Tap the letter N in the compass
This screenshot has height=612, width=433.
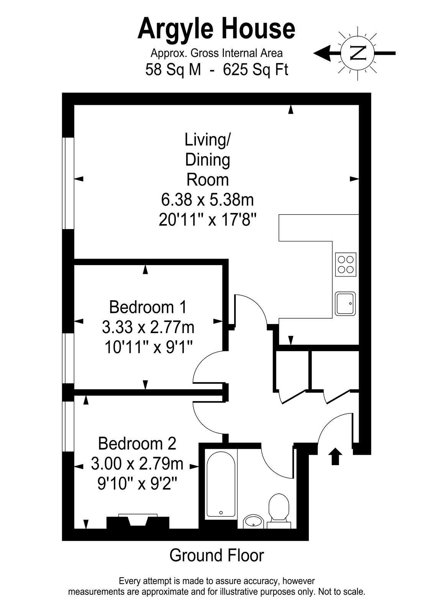pos(358,53)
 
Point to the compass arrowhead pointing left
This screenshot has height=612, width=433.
pos(323,53)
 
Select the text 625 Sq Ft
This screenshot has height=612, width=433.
pos(256,70)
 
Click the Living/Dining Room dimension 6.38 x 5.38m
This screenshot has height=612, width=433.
pos(207,200)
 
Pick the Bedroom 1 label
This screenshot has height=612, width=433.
pos(148,307)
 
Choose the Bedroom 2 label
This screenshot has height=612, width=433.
pos(137,443)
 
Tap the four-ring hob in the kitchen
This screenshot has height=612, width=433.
pos(346,264)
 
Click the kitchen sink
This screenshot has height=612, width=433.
pos(345,304)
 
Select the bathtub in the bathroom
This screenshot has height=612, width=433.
pos(221,485)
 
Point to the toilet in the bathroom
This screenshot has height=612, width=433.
pos(279,512)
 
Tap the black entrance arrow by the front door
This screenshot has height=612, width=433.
pos(335,456)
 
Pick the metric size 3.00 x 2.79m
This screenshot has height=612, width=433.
pos(137,464)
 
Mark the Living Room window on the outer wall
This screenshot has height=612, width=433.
pos(68,183)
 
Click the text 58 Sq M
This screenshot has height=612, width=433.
pos(173,70)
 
